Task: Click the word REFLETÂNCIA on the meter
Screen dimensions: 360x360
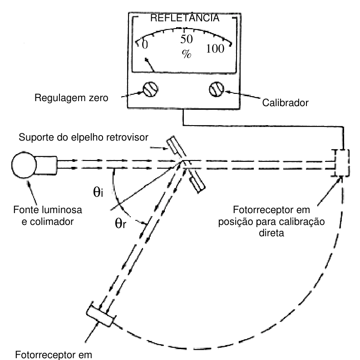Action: tap(185, 18)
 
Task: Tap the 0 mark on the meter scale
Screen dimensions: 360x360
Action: tap(145, 44)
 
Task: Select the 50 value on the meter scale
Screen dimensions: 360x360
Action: tap(187, 39)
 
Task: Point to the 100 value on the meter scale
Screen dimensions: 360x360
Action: tap(215, 49)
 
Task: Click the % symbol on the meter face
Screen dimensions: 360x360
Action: tap(187, 54)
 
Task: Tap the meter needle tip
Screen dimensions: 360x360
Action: tap(146, 59)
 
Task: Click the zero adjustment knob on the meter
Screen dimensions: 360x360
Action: tap(151, 89)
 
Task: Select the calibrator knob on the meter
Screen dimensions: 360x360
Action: tap(217, 89)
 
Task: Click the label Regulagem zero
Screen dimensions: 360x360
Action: tap(71, 98)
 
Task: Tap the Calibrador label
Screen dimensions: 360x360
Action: tap(285, 102)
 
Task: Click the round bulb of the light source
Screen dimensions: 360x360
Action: tap(24, 165)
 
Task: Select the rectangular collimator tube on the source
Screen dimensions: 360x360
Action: tap(46, 165)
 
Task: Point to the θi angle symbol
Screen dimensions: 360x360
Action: tap(98, 192)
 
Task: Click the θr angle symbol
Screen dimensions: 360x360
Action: tap(120, 223)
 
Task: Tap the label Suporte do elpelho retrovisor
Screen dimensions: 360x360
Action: tap(84, 137)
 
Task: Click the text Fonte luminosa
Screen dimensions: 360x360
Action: tap(48, 210)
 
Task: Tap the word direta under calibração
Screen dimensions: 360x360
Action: tap(271, 233)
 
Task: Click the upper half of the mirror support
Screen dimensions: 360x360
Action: tap(176, 147)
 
